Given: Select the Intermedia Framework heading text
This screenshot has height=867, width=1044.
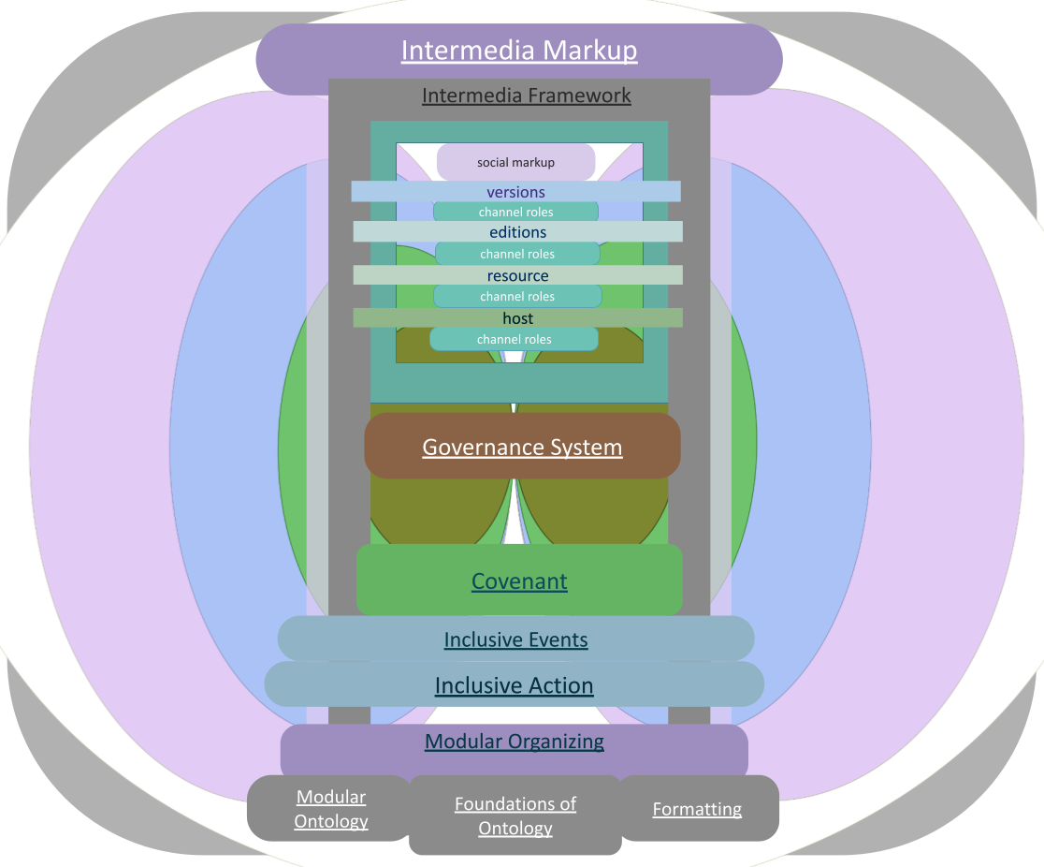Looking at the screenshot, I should pos(527,96).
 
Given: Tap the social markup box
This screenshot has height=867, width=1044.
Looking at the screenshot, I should pos(515,162).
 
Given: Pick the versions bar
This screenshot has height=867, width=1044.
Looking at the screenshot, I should pos(515,192).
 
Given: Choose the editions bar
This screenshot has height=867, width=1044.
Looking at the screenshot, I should pos(517,232).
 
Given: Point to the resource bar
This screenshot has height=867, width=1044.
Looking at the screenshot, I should pos(517,275).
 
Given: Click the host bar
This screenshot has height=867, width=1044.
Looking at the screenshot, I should pos(517,318).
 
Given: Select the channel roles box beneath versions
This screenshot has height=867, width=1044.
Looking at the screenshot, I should pos(515,213).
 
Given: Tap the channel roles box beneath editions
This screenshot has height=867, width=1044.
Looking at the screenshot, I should pos(517,254).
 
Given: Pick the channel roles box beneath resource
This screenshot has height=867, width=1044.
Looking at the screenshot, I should pos(517,296).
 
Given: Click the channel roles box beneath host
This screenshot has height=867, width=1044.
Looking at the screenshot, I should pos(514,339).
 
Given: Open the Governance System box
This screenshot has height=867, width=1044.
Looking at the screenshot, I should pos(522,447).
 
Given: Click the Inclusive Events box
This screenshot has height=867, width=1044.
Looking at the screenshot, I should pos(515,639).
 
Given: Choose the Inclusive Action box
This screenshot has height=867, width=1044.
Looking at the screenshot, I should pos(514,685).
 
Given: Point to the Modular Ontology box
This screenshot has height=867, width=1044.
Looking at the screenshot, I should pos(330,809).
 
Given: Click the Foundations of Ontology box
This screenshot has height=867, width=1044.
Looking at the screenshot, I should pos(515,816).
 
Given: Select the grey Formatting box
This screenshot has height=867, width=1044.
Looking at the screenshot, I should pos(698,809).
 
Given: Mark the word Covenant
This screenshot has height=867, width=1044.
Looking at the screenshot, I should pos(519,580).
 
